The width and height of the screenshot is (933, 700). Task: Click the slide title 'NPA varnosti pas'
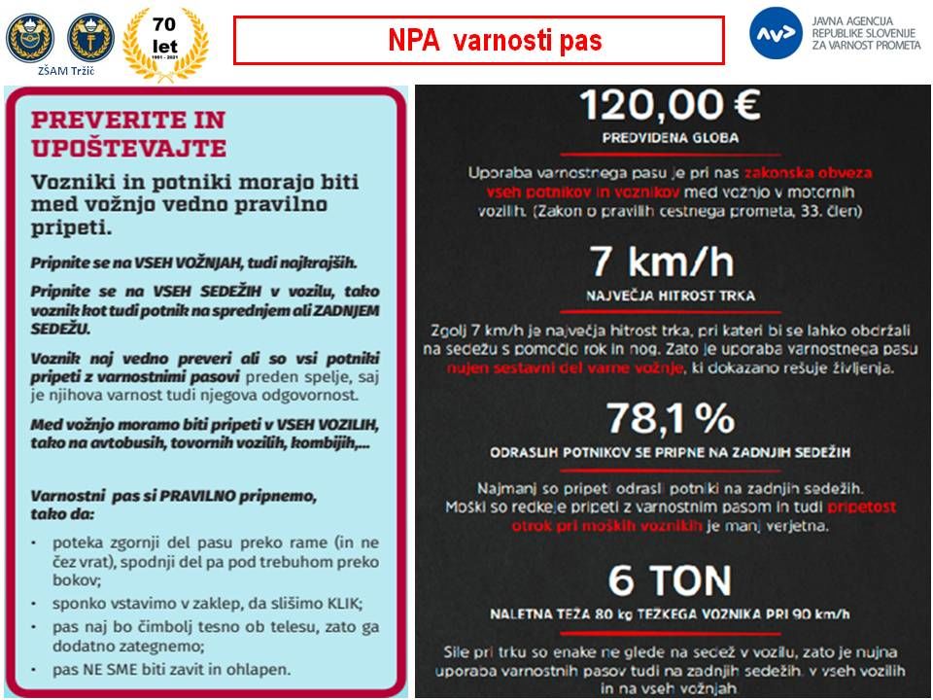click(x=479, y=41)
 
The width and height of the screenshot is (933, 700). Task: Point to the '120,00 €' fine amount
click(x=671, y=105)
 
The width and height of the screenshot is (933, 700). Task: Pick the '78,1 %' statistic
click(x=671, y=419)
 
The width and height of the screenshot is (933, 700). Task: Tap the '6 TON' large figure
click(x=671, y=580)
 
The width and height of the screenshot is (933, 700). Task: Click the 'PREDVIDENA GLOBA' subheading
click(x=672, y=138)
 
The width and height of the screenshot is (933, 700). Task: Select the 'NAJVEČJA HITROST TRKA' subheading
click(x=672, y=295)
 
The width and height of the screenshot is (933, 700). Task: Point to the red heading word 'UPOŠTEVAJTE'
click(x=128, y=148)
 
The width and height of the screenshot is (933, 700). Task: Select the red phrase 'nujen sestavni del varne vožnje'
click(x=566, y=368)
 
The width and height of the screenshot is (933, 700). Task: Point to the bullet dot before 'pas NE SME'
click(x=34, y=671)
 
